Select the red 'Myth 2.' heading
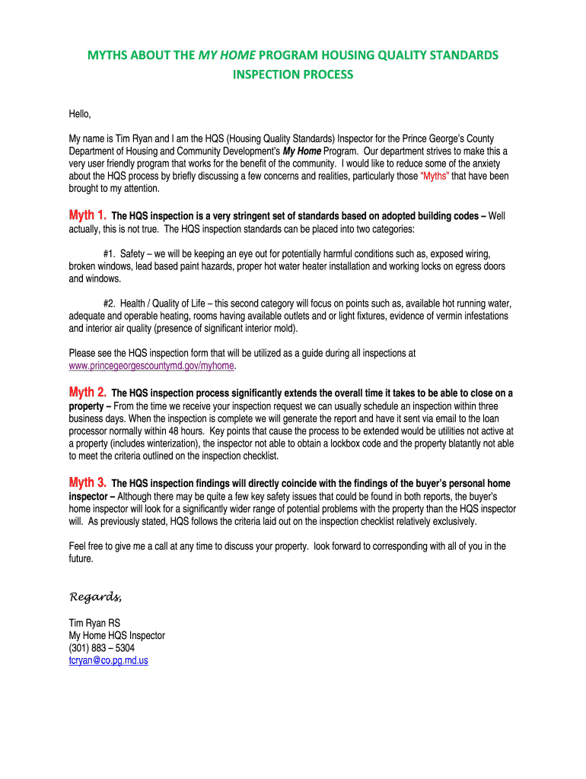tap(88, 393)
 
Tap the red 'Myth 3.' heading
tap(88, 482)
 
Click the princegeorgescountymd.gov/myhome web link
tap(151, 366)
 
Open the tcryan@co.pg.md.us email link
tap(108, 660)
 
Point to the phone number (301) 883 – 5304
tap(102, 648)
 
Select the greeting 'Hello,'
tap(80, 114)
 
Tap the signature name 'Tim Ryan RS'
tap(94, 622)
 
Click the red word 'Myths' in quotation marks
tap(436, 176)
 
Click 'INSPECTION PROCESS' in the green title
tap(293, 75)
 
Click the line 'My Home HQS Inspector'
tap(116, 635)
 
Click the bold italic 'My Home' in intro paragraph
tap(302, 151)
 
